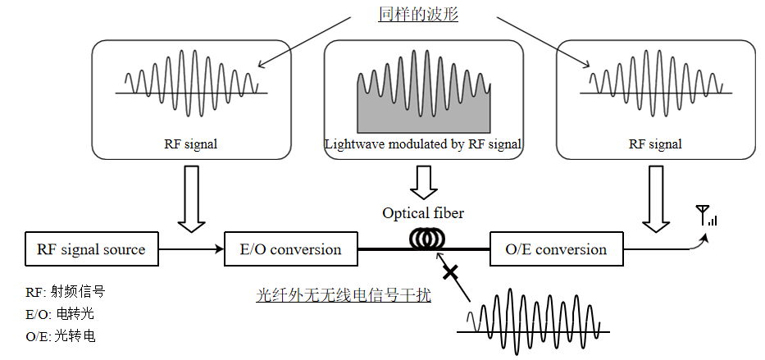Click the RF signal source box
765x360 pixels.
[90, 249]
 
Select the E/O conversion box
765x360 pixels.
[291, 249]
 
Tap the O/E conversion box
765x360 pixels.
[556, 249]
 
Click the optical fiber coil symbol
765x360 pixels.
[423, 238]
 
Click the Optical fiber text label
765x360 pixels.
[423, 213]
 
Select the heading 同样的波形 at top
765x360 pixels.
[417, 16]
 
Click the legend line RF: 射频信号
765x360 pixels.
[66, 292]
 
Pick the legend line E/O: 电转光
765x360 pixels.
[61, 314]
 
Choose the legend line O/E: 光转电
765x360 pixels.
[61, 335]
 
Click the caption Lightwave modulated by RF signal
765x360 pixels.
[423, 144]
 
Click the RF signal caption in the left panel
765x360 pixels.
[191, 144]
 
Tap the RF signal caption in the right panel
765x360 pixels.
[655, 144]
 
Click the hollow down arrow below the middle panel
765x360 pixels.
[423, 181]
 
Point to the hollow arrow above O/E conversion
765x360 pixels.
[655, 198]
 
